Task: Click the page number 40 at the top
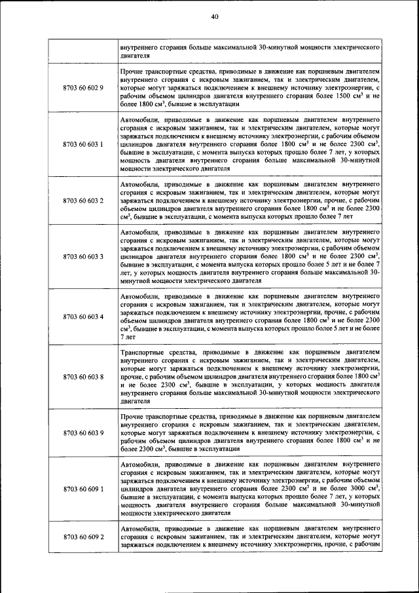(x=214, y=17)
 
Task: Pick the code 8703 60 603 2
(x=83, y=200)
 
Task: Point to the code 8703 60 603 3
(x=83, y=256)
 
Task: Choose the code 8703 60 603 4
(x=83, y=316)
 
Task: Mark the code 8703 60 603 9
(x=83, y=433)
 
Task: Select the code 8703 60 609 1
(x=83, y=489)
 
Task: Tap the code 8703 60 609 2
(x=83, y=537)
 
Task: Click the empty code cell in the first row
(x=83, y=52)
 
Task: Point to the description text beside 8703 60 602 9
(x=251, y=87)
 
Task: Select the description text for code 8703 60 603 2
(x=251, y=200)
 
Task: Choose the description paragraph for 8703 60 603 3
(x=251, y=256)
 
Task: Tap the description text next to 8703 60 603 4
(x=251, y=316)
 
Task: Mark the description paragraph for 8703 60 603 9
(x=251, y=433)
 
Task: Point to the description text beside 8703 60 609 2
(x=251, y=537)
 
